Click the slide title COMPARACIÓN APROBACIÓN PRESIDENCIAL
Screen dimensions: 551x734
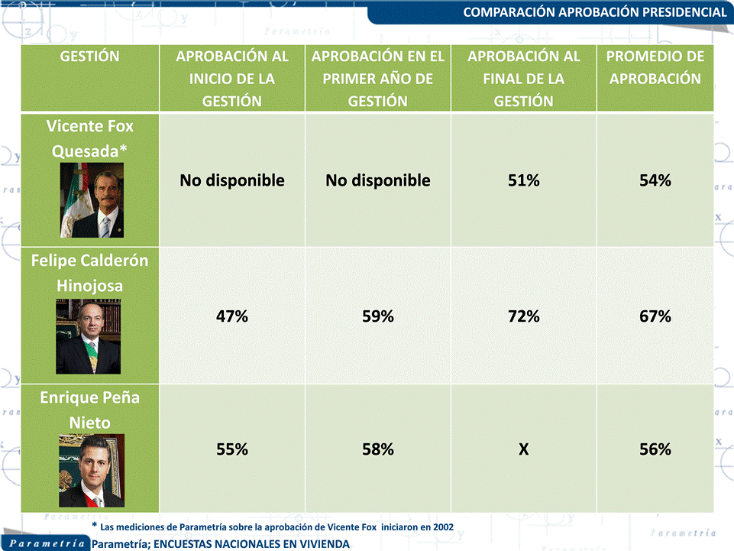595,12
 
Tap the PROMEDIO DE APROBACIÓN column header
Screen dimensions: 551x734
655,67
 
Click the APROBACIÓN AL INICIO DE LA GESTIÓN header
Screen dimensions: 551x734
232,79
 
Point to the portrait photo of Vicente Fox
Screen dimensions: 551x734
92,200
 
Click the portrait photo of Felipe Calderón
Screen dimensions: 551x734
89,336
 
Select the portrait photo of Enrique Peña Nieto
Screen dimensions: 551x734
92,471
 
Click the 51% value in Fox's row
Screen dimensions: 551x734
523,181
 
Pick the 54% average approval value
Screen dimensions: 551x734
655,181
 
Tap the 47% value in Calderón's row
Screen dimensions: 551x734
232,316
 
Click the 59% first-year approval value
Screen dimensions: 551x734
378,316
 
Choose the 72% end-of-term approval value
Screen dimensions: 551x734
523,316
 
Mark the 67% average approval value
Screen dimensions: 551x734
655,316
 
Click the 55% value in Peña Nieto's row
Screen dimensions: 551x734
232,449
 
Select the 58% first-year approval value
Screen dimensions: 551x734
378,449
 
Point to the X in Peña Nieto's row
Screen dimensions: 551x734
523,449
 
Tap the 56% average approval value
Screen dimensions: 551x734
655,449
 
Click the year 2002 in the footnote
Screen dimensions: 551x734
440,527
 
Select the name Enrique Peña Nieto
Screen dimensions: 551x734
90,410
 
